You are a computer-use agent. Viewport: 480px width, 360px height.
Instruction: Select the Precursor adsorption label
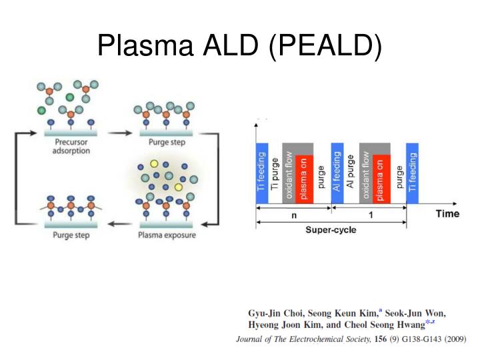click(71, 146)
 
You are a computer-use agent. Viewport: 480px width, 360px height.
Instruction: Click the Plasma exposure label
click(166, 235)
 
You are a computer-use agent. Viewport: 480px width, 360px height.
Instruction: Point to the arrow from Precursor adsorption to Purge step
click(119, 133)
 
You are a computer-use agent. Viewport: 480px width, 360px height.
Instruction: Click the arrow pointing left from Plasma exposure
click(119, 224)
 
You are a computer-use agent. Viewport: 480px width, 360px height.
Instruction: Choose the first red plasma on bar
click(304, 179)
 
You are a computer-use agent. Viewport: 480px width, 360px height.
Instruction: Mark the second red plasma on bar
click(381, 179)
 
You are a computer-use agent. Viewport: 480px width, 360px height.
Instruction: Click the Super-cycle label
click(331, 230)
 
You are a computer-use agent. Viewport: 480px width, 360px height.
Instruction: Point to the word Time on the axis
click(447, 213)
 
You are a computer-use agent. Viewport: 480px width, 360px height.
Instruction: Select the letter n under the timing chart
click(293, 215)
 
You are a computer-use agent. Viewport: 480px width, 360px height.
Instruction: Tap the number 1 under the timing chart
click(369, 215)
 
